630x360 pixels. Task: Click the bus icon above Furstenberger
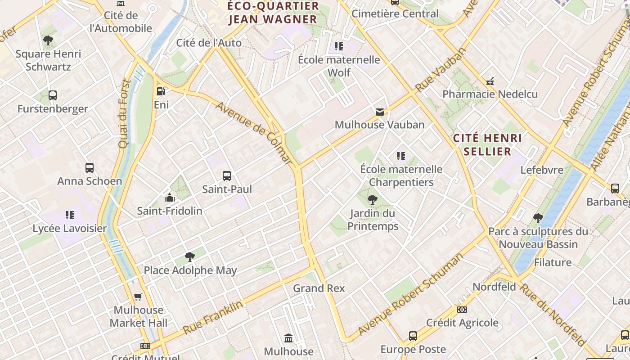[x=53, y=95]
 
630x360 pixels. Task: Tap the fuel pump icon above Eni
[x=161, y=91]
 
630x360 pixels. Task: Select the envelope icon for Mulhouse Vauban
[x=380, y=112]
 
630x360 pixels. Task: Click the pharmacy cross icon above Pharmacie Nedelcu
[x=490, y=81]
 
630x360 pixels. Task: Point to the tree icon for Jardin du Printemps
[x=372, y=200]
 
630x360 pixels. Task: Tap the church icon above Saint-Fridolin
[x=170, y=198]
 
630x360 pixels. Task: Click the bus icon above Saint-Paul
[x=227, y=176]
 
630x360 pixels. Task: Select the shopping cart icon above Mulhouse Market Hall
[x=138, y=297]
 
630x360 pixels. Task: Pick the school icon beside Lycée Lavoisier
[x=69, y=215]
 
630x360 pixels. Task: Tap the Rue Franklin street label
[x=213, y=317]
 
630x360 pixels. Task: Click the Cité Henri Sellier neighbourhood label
[x=487, y=144]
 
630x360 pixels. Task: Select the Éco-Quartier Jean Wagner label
[x=273, y=13]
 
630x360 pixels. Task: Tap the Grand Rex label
[x=319, y=288]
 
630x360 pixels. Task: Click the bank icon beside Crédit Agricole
[x=462, y=310]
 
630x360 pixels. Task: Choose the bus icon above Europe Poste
[x=413, y=336]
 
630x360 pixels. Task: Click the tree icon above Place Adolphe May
[x=190, y=257]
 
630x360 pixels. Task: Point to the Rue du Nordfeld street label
[x=553, y=314]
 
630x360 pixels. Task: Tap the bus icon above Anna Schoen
[x=90, y=168]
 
